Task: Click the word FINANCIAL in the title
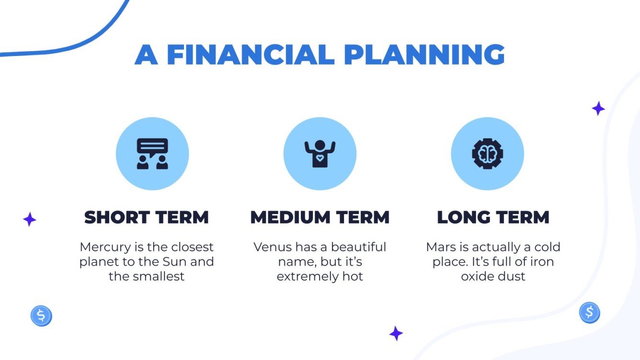coord(250,55)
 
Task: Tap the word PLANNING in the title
coord(424,55)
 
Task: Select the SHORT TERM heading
coord(147,217)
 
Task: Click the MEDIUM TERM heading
coord(320,217)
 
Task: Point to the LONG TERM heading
coord(493,217)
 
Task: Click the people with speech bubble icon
coord(152,154)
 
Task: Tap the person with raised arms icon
coord(320,154)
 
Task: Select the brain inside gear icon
coord(487,154)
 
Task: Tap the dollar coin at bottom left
coord(41,316)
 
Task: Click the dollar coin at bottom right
coord(589,313)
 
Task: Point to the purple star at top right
coord(598,109)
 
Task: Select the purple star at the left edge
coord(30,220)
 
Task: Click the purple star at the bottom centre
coord(396,333)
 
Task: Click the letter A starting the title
coord(146,55)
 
